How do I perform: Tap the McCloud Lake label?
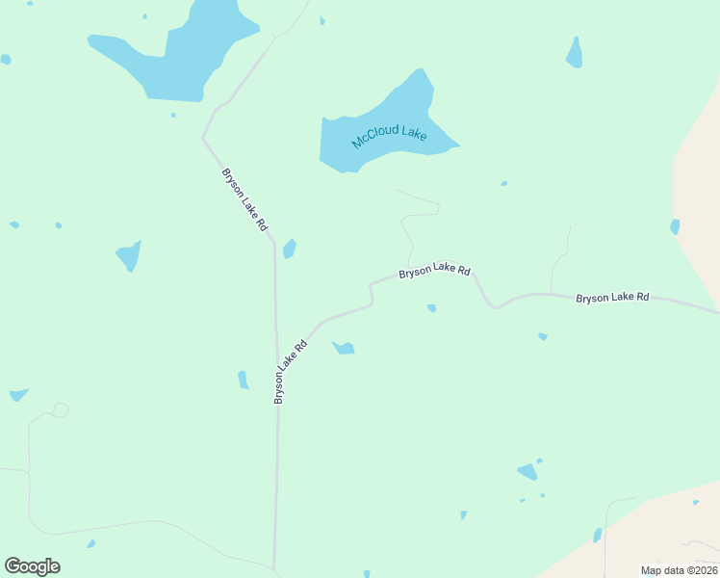389,135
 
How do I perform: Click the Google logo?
33,566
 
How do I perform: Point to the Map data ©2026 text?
679,570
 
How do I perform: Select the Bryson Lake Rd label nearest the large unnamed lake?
244,199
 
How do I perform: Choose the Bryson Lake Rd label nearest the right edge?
612,298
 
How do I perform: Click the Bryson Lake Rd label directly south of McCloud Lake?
434,272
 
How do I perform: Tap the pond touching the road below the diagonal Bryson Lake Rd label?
289,249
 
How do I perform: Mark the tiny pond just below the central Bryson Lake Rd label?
431,308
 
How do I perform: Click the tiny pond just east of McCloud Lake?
503,183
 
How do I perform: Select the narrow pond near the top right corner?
575,54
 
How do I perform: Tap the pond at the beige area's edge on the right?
675,226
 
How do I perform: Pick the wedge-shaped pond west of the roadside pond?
129,256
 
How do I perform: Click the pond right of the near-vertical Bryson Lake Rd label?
344,348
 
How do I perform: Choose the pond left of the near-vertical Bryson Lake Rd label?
244,381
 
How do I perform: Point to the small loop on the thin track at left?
60,410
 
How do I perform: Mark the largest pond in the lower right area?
527,471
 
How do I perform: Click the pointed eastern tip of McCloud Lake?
458,146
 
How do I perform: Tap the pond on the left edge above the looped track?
17,395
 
